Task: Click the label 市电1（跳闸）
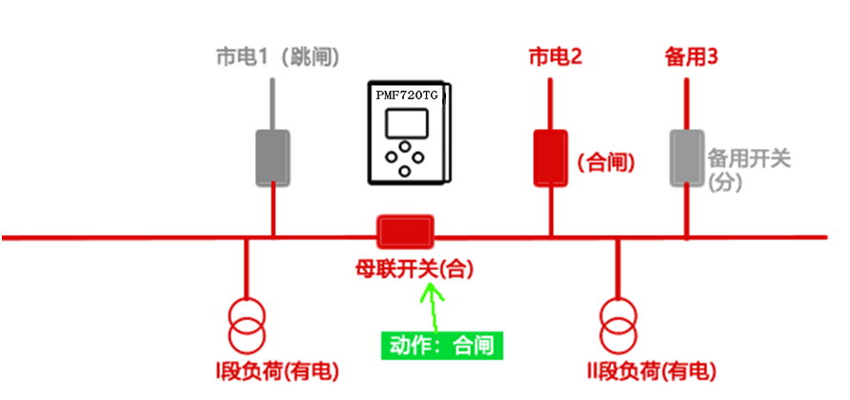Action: [277, 57]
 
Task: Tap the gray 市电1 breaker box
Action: [272, 158]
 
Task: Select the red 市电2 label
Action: [556, 57]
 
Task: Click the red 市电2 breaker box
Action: [550, 158]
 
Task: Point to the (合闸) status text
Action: [606, 162]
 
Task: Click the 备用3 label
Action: [691, 57]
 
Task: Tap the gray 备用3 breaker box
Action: [687, 158]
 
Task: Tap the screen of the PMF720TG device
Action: [407, 124]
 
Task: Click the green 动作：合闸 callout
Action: [441, 345]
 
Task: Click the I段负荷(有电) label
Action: [277, 370]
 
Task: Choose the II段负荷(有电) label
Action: [649, 370]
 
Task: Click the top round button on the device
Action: [407, 147]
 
